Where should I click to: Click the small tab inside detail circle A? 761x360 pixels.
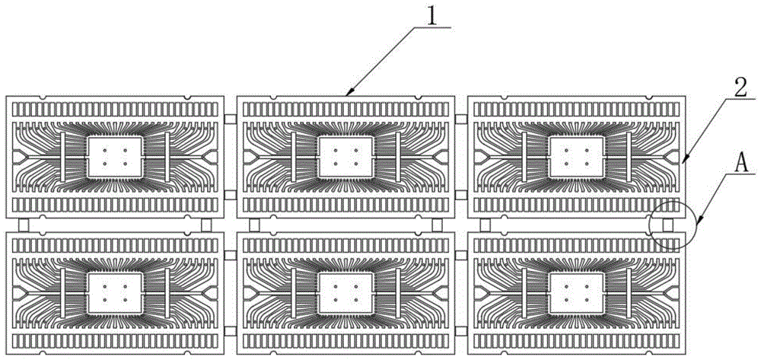coord(667,225)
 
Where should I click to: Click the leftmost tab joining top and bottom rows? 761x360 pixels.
coord(24,225)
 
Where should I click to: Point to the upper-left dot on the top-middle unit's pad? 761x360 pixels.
coord(335,150)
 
